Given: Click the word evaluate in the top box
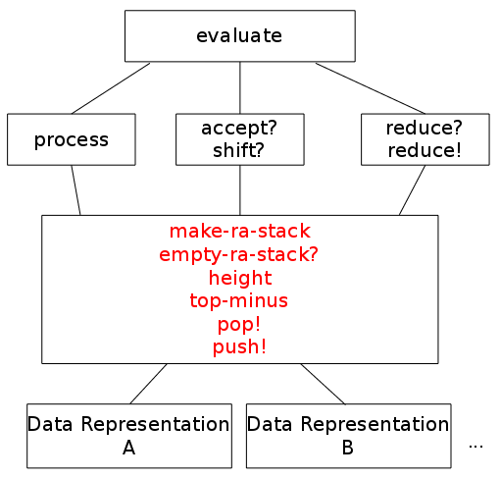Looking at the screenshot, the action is [239, 35].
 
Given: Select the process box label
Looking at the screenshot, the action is [72, 140].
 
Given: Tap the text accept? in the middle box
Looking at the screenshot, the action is [239, 128].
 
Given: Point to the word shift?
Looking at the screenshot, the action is [238, 150].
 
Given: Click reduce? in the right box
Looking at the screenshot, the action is [425, 128].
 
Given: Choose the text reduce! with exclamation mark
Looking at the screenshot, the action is [425, 150].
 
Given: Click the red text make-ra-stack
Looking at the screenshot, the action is [240, 231].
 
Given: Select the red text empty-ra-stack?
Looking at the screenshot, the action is [238, 254].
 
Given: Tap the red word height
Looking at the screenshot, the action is [240, 279].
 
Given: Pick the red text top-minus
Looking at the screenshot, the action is [239, 300].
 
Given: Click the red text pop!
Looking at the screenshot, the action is [239, 325].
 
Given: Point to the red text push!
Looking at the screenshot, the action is [239, 346].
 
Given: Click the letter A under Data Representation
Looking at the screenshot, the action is [129, 448].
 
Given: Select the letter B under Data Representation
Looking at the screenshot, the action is [348, 448].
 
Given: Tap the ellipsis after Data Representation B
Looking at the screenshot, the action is [475, 447].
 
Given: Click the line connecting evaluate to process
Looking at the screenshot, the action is [111, 88].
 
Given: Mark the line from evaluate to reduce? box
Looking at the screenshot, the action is [371, 88].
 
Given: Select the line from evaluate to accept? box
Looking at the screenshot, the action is [240, 87].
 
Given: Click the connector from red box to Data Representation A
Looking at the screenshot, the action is [148, 384].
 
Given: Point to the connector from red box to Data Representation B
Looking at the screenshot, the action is [323, 384].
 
